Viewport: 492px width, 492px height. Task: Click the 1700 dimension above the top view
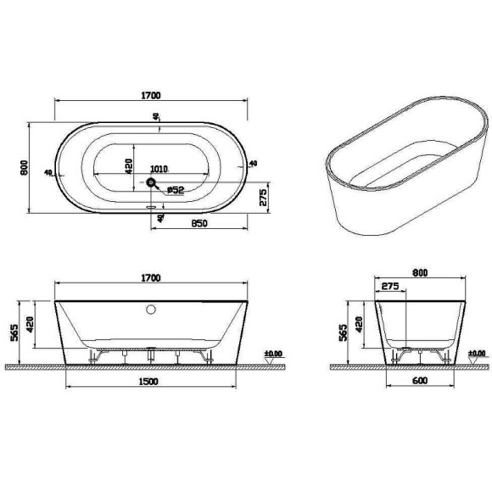[152, 95]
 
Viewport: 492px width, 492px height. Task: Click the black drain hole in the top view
[151, 182]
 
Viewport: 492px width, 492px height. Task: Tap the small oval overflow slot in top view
[153, 204]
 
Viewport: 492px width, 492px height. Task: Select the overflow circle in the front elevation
[151, 310]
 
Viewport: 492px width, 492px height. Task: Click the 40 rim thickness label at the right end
[253, 164]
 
